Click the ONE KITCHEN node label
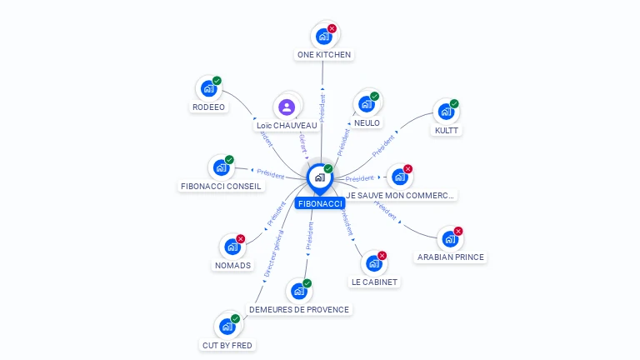click(324, 55)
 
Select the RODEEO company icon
click(207, 89)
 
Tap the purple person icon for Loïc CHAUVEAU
click(287, 107)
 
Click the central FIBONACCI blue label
click(320, 203)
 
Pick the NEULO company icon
click(366, 104)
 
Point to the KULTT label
click(446, 130)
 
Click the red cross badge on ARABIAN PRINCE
click(458, 231)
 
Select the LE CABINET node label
click(374, 282)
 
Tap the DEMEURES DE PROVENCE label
click(299, 309)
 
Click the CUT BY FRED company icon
click(227, 327)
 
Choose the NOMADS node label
click(232, 265)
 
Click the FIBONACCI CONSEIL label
click(221, 186)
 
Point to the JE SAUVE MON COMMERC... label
click(400, 195)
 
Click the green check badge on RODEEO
click(217, 81)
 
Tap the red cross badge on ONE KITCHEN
click(332, 28)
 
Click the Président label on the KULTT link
click(383, 146)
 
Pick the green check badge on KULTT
click(454, 104)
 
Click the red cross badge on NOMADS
click(241, 238)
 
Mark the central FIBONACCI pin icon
click(319, 177)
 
